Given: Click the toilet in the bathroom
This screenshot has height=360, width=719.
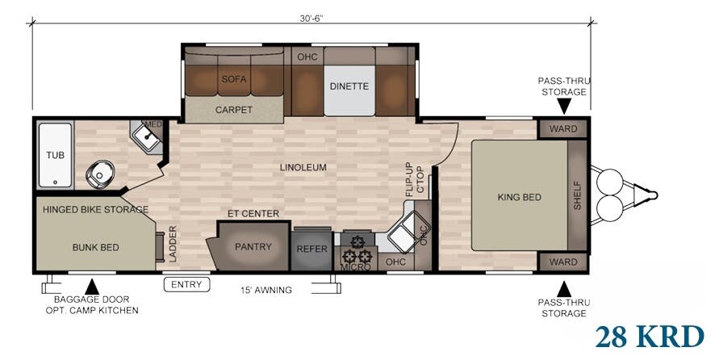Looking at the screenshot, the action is pyautogui.click(x=99, y=174).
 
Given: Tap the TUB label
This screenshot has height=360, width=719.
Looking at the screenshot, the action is pyautogui.click(x=55, y=156).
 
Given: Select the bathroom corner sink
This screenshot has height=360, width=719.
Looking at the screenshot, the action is pyautogui.click(x=147, y=136).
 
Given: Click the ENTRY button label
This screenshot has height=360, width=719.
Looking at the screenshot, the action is pyautogui.click(x=186, y=285).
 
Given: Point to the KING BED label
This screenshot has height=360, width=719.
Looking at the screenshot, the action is pyautogui.click(x=520, y=197).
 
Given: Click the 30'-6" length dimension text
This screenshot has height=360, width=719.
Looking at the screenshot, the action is pyautogui.click(x=311, y=19).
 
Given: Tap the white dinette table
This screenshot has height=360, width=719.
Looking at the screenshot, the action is pyautogui.click(x=349, y=90).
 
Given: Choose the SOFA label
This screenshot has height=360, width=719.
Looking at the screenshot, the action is pyautogui.click(x=234, y=79).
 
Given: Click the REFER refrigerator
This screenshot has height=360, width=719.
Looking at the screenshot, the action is pyautogui.click(x=311, y=249).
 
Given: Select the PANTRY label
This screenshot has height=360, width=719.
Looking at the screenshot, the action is pyautogui.click(x=253, y=247).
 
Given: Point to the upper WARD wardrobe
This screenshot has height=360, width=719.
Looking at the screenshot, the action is pyautogui.click(x=563, y=129).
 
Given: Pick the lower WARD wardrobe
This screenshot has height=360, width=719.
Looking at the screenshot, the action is pyautogui.click(x=563, y=262).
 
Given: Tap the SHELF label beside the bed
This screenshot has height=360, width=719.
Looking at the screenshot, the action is pyautogui.click(x=577, y=195).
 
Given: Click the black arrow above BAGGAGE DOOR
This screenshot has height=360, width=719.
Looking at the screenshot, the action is pyautogui.click(x=92, y=287).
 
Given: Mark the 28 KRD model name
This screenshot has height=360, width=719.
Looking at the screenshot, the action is pyautogui.click(x=650, y=337).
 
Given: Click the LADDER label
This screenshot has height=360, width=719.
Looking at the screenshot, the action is pyautogui.click(x=173, y=244).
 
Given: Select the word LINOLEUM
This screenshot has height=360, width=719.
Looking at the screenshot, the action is pyautogui.click(x=303, y=167).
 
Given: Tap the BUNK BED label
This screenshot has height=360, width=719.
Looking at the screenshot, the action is pyautogui.click(x=96, y=248).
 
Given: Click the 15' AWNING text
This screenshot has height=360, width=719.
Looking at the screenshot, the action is pyautogui.click(x=266, y=290).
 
